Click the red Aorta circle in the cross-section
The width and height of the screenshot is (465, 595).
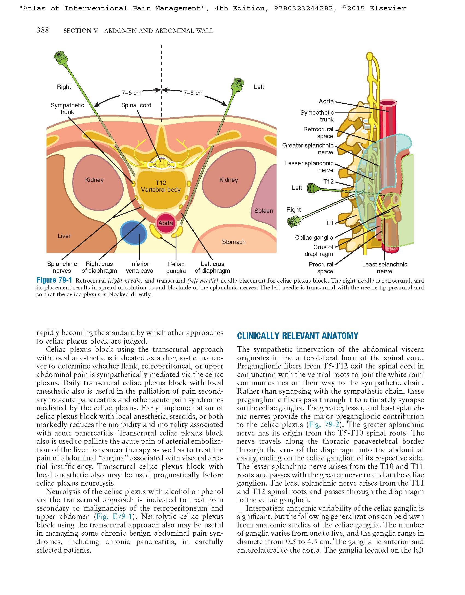coord(165,223)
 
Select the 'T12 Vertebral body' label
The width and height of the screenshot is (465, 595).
coord(161,186)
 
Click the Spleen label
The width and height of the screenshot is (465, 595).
coord(264,211)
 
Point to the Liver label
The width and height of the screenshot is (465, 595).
coord(64,236)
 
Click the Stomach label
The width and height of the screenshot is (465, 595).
coord(234,242)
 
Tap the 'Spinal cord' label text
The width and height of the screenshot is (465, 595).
coord(136,105)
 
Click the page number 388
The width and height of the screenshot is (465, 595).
coord(43,30)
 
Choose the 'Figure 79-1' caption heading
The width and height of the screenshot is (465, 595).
coord(54,280)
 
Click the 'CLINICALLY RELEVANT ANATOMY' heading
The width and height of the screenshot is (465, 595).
coord(298,336)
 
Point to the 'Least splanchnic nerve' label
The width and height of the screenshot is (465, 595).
coord(384,268)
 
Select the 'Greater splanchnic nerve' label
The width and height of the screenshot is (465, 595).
coord(308,149)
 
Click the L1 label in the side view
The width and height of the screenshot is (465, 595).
coord(330,223)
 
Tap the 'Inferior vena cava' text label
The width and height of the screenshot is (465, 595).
coord(139,267)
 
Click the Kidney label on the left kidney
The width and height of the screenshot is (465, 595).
coord(94,180)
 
